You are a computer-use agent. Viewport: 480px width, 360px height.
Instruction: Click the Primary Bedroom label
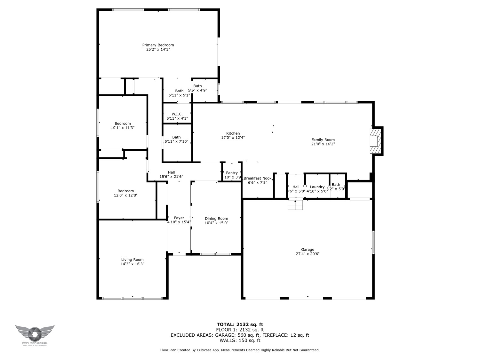tap(158, 45)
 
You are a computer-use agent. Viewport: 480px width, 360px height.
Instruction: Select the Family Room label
tap(323, 140)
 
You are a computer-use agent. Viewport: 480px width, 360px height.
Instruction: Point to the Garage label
tap(308, 250)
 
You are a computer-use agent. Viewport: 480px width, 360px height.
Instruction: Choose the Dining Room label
tap(216, 219)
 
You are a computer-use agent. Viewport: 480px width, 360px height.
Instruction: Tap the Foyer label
tap(179, 218)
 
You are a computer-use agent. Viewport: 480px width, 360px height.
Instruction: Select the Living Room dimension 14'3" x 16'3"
tap(132, 264)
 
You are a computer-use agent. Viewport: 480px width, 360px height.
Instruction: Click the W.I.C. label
tap(177, 114)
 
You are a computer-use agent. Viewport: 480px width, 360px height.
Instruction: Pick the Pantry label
tap(232, 173)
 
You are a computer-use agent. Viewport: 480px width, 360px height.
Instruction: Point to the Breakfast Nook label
tap(258, 178)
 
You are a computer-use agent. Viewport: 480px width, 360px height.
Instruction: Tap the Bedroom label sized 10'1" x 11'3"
tap(123, 124)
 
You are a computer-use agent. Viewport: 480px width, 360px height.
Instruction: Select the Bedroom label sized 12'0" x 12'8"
tap(125, 191)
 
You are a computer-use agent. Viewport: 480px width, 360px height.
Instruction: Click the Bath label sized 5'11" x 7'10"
tap(176, 137)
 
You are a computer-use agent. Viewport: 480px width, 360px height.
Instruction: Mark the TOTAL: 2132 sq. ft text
tap(240, 324)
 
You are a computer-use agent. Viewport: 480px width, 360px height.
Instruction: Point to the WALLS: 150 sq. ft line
tap(240, 340)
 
